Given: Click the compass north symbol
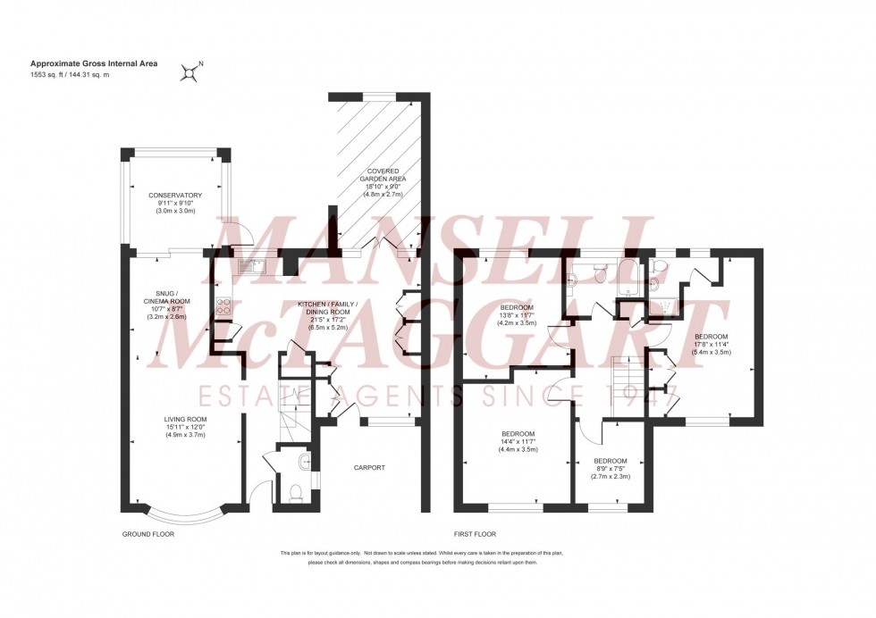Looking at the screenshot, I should [x=190, y=71].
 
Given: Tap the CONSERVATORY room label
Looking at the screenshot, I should [x=175, y=195].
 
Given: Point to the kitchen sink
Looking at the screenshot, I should [x=250, y=264].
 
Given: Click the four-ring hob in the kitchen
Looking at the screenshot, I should [x=223, y=307].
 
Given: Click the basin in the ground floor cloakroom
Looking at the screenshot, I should [x=306, y=462].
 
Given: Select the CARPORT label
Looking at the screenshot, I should [x=368, y=466].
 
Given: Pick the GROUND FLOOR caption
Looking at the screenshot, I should [x=147, y=533].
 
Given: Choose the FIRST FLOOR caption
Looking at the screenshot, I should [x=475, y=533].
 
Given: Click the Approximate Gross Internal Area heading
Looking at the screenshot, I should [x=77, y=63].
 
